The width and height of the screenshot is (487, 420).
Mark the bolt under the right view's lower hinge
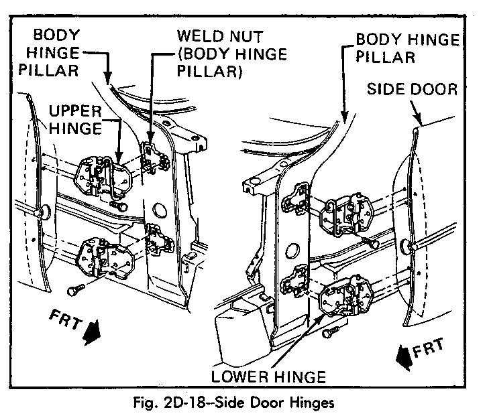tap(328, 332)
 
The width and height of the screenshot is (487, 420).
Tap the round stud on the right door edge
tap(408, 245)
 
